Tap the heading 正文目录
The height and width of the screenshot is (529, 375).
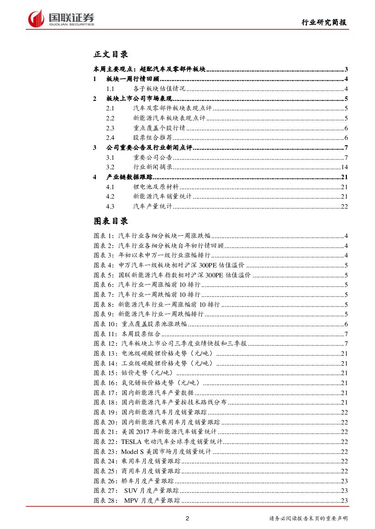point(111,54)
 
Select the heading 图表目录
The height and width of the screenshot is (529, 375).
point(111,221)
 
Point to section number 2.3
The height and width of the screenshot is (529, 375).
point(110,128)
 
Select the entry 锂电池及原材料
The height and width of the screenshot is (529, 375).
point(156,187)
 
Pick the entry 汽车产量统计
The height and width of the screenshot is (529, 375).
point(152,206)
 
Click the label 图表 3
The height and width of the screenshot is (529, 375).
point(104,256)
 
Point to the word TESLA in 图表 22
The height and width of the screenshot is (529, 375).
point(131,442)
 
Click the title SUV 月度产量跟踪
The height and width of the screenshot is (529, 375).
point(151,491)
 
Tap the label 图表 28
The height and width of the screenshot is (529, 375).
point(105,500)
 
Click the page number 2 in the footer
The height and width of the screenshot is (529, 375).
point(187,519)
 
